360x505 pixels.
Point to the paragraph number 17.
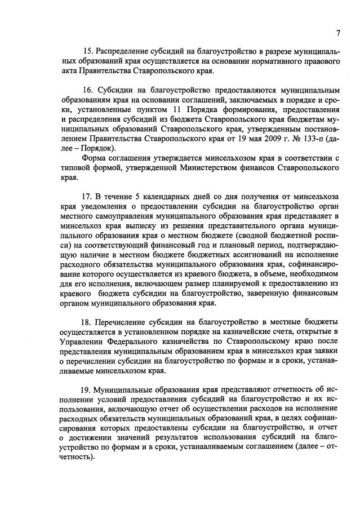(87, 196)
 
